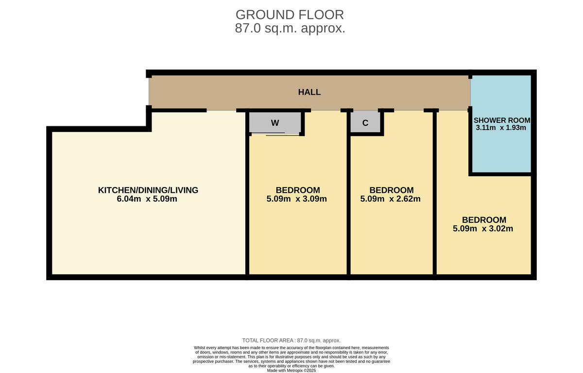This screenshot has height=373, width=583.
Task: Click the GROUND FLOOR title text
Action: pyautogui.click(x=290, y=15)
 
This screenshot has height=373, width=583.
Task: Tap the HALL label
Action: pyautogui.click(x=309, y=92)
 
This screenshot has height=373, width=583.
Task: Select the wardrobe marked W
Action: pyautogui.click(x=275, y=123)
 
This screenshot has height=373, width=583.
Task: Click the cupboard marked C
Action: pyautogui.click(x=365, y=123)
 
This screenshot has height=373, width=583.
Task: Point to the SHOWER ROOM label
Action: pyautogui.click(x=502, y=120)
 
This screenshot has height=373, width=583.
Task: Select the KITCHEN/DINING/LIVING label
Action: pyautogui.click(x=148, y=190)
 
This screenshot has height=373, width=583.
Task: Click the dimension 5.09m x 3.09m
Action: pyautogui.click(x=297, y=199)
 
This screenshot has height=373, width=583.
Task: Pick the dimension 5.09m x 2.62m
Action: pyautogui.click(x=391, y=199)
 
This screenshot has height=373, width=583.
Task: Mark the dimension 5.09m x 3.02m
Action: pyautogui.click(x=483, y=228)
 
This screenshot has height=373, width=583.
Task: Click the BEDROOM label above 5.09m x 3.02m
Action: pyautogui.click(x=484, y=220)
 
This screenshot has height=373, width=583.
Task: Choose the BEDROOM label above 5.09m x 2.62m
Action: pyautogui.click(x=391, y=190)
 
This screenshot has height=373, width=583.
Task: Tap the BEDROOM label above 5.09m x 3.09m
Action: pyautogui.click(x=297, y=190)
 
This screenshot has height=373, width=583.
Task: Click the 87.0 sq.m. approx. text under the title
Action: pyautogui.click(x=290, y=28)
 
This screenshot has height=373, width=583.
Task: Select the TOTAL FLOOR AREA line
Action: pyautogui.click(x=291, y=340)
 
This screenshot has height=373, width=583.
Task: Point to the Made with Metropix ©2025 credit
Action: pyautogui.click(x=291, y=370)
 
